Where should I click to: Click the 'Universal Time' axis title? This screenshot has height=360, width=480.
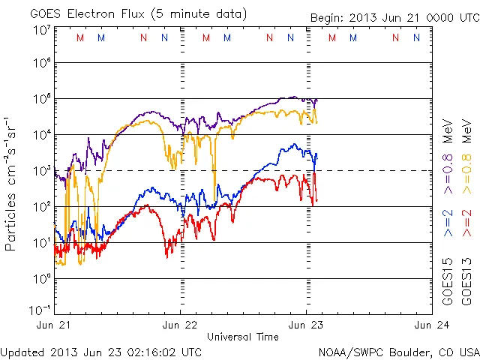point(243,337)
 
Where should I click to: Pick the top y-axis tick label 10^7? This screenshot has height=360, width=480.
point(42,30)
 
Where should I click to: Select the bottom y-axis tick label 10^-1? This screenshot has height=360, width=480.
point(40,310)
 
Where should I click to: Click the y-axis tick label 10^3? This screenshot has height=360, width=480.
point(42,171)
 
